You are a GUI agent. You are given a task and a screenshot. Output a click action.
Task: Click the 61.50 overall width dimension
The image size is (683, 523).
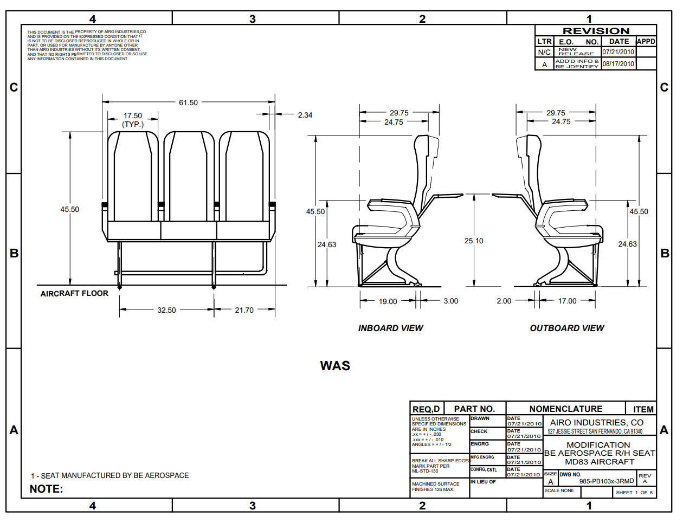188,102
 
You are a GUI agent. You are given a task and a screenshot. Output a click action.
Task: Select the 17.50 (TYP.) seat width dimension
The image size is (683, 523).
133,120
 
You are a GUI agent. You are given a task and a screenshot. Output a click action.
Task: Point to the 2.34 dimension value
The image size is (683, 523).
305,115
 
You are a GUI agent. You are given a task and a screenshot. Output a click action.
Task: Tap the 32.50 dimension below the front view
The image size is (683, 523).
166,310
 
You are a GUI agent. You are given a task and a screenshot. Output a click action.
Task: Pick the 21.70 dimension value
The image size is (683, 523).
244,310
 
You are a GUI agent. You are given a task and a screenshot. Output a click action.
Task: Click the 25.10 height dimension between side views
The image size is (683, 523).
474,241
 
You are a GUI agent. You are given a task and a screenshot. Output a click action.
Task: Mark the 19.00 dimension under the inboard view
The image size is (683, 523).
388,301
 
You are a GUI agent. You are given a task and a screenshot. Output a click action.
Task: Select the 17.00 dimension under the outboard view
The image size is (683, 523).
568,301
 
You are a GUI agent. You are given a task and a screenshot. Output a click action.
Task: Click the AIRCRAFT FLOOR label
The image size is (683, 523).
74,293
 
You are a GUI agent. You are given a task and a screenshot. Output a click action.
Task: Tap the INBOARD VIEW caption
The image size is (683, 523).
390,328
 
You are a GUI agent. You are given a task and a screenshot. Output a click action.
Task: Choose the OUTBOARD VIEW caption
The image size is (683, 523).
566,328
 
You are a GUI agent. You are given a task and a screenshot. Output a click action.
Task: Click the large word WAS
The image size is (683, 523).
335,366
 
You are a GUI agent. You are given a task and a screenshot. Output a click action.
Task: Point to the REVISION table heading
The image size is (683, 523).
596,31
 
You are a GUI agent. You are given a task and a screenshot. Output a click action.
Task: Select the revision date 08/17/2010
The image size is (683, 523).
618,64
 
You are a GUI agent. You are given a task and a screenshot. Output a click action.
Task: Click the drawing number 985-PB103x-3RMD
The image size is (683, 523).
606,481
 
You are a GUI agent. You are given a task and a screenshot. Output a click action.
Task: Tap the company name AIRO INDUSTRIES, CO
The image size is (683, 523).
596,422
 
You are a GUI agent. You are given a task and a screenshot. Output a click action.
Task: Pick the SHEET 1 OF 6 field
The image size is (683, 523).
634,493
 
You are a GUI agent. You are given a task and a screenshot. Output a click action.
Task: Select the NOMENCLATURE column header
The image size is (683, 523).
565,409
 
